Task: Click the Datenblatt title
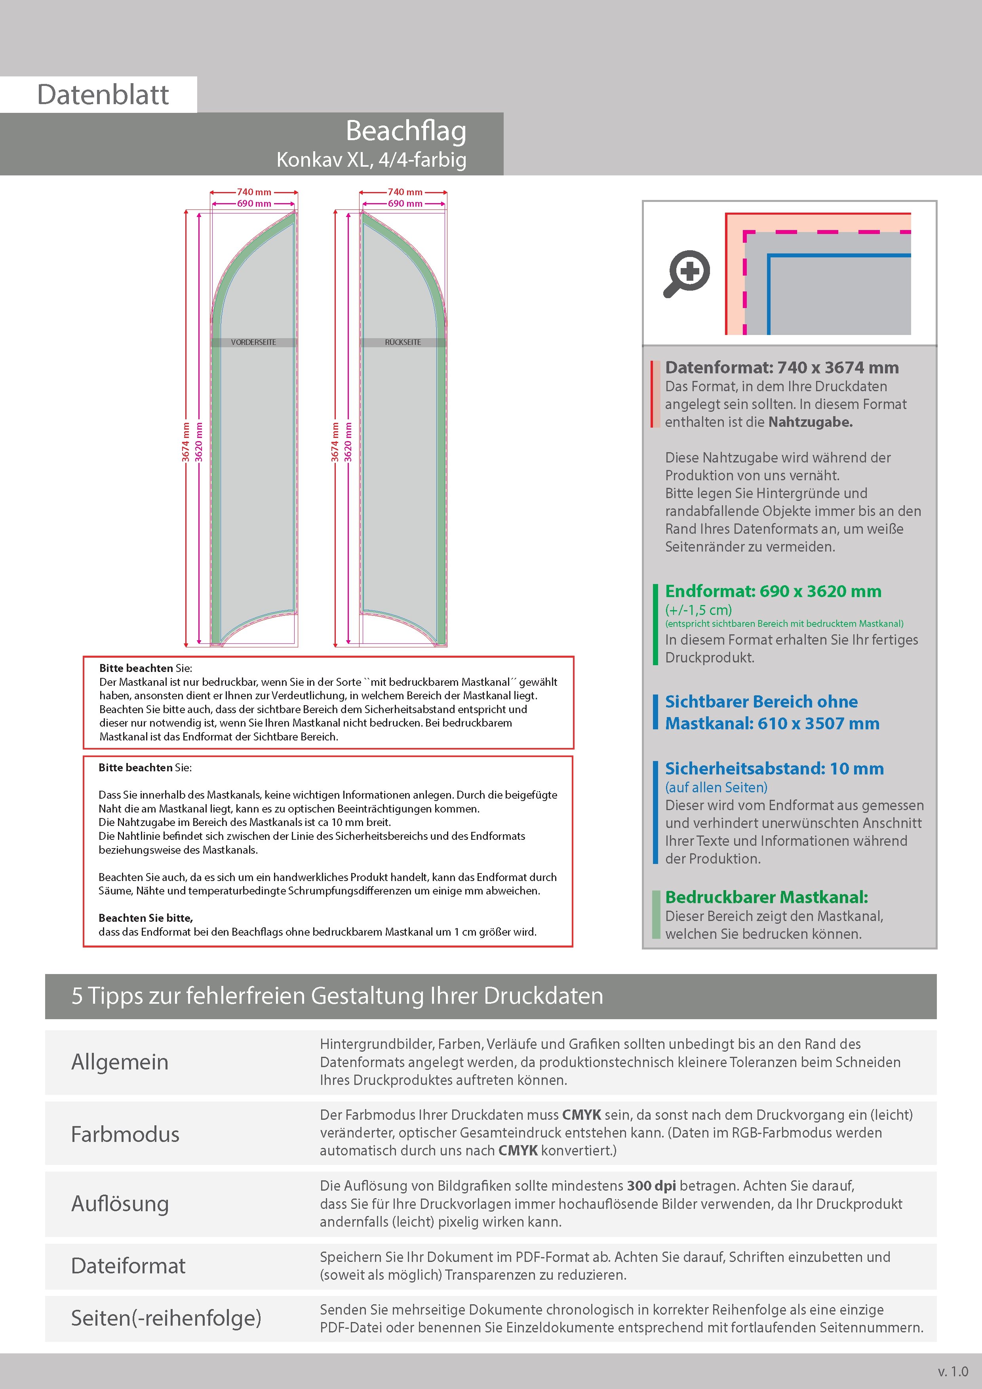click(103, 95)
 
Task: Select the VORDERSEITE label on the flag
click(253, 342)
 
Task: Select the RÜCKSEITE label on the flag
click(403, 342)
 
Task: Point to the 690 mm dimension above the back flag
click(405, 204)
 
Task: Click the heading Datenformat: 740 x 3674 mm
click(782, 368)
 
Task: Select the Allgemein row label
click(120, 1062)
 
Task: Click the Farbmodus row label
click(125, 1134)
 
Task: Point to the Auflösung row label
click(120, 1204)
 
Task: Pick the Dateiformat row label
click(128, 1266)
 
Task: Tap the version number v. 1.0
click(953, 1372)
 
